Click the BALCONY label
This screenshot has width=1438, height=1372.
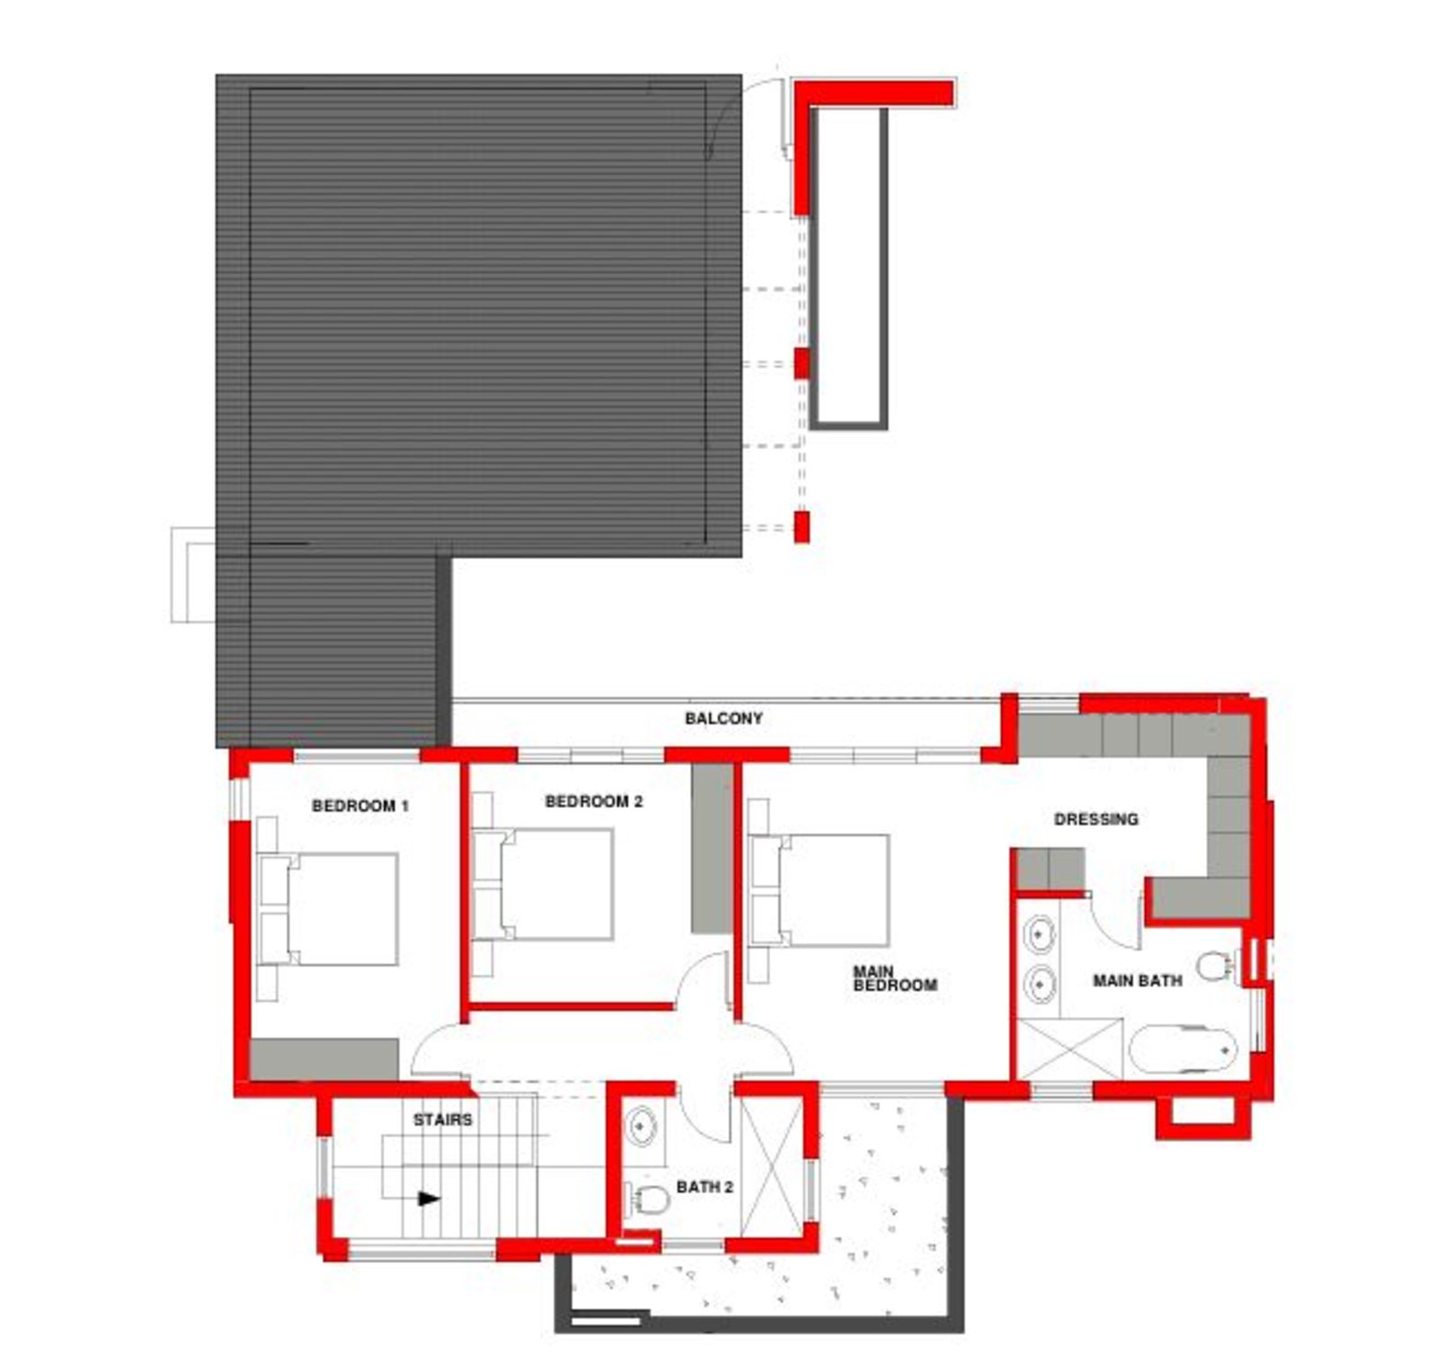click(723, 719)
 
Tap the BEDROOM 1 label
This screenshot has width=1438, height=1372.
click(360, 806)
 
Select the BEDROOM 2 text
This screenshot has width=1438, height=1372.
click(594, 801)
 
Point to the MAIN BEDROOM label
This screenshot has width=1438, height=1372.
click(895, 978)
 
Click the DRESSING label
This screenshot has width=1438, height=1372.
click(1096, 819)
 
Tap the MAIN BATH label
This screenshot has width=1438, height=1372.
click(1137, 980)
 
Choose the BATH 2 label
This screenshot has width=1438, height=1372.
click(705, 1187)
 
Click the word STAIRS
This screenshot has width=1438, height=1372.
click(442, 1120)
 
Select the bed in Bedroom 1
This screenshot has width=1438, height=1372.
click(329, 909)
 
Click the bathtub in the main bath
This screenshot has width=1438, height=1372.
click(1183, 1049)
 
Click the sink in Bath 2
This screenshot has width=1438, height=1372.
click(642, 1125)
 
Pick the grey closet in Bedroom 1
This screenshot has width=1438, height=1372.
click(324, 1060)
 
